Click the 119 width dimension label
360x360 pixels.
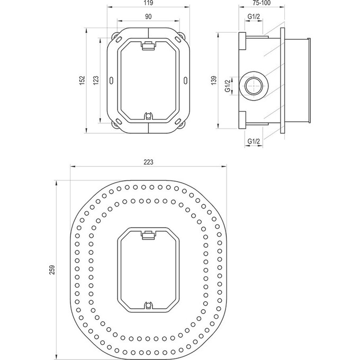click(149, 3)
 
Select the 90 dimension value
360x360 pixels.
click(149, 17)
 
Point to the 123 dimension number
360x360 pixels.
click(96, 79)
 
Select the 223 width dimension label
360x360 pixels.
click(148, 162)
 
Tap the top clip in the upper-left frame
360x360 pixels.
click(149, 46)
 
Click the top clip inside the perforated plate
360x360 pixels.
click(148, 235)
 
